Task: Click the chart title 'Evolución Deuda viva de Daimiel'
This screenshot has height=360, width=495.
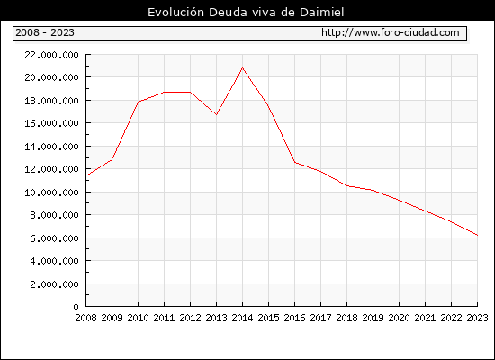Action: tap(246, 13)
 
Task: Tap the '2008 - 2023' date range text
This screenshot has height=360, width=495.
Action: tap(45, 32)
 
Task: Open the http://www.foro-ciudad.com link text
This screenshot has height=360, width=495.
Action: tap(391, 32)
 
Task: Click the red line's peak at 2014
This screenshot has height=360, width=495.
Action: tap(242, 67)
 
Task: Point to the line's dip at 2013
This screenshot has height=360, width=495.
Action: tap(216, 114)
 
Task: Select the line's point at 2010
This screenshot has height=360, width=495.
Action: tap(139, 102)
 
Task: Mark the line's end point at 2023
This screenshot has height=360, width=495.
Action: tap(477, 235)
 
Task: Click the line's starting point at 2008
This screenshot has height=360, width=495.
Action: tap(86, 175)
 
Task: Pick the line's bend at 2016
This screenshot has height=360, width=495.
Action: tap(295, 163)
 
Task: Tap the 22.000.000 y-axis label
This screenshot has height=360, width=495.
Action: tap(51, 55)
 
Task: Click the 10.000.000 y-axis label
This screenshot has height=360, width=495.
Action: tap(51, 193)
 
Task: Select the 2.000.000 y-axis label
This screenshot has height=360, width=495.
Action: tap(54, 284)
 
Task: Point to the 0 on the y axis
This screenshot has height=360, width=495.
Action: tap(76, 307)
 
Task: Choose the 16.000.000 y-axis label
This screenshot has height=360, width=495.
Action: tap(51, 123)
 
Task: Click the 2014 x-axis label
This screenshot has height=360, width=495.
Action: tap(242, 318)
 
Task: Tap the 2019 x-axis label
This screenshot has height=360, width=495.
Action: tap(373, 318)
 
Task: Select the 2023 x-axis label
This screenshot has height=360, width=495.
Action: tap(477, 318)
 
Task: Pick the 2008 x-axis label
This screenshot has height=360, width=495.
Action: tap(85, 318)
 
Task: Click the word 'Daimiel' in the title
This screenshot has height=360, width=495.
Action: tap(321, 13)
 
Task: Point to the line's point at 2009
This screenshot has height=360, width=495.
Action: tap(112, 160)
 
